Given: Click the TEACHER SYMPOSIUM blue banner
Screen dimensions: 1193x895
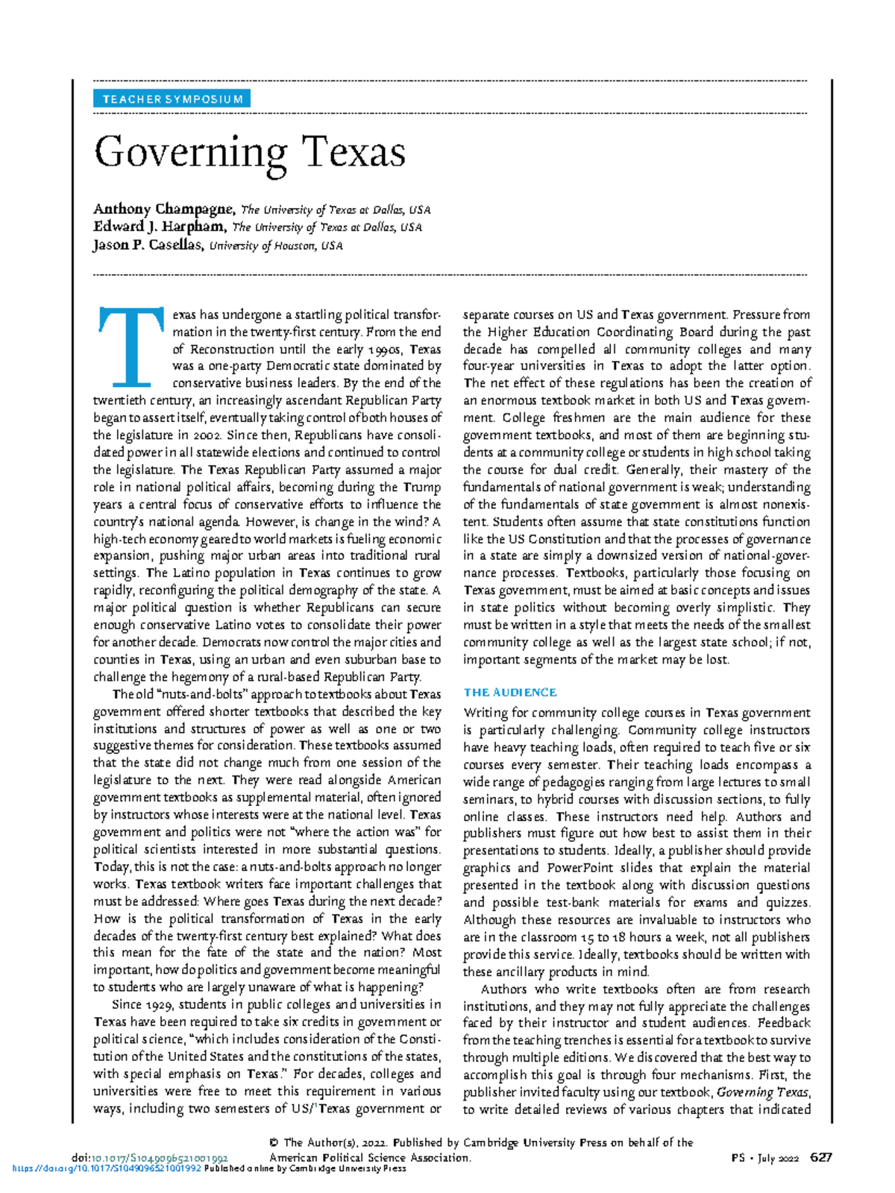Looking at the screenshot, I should (x=172, y=99).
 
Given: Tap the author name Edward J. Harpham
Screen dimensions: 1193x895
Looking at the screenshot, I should (x=160, y=227).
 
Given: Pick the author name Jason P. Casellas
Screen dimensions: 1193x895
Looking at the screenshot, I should (x=148, y=245).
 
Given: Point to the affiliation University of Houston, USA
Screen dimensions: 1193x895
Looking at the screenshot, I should (x=276, y=246).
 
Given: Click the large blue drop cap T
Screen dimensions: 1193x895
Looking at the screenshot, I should (x=131, y=347).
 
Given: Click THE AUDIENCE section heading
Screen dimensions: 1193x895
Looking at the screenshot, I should (x=510, y=692).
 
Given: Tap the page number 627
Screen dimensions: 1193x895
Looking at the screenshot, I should (x=821, y=1158).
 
